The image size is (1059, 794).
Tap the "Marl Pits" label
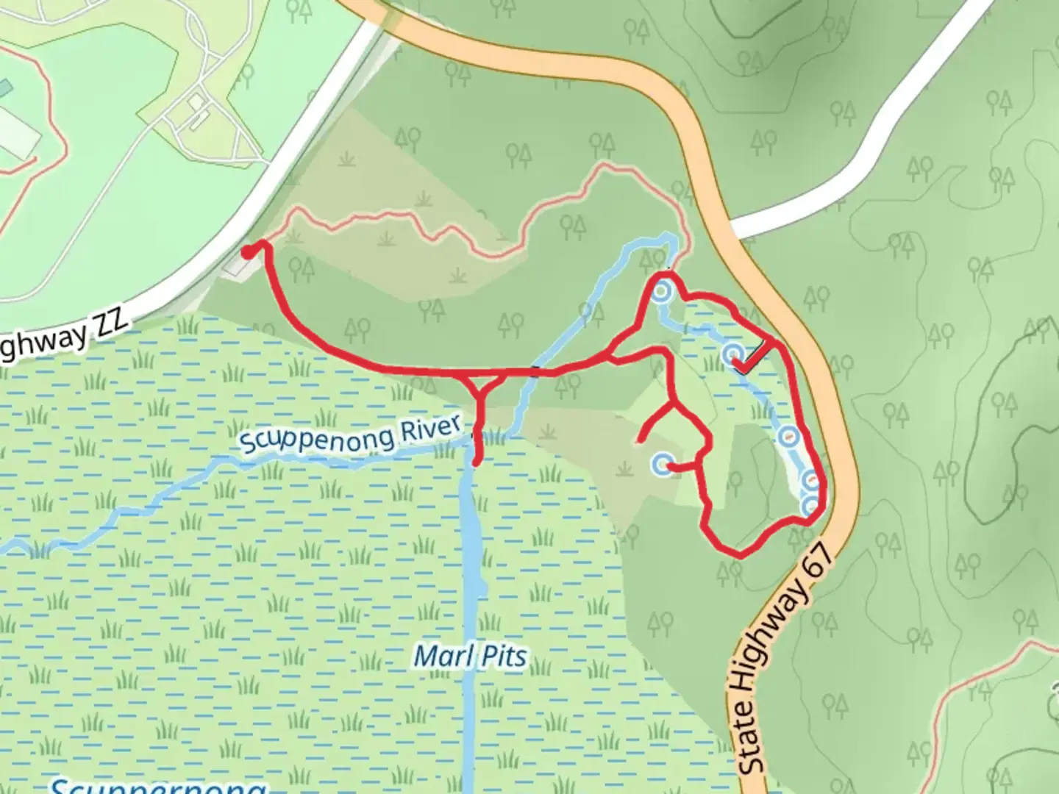[470, 656]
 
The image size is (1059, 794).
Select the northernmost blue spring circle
[661, 292]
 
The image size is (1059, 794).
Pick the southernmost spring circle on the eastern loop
[810, 506]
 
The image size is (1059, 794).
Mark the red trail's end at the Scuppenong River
[477, 462]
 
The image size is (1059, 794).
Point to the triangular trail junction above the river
[482, 382]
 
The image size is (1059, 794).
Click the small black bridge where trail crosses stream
[536, 371]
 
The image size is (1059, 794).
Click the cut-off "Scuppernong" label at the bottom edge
[158, 785]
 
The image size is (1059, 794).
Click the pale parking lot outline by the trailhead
[237, 265]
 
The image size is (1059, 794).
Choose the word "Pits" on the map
[502, 657]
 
